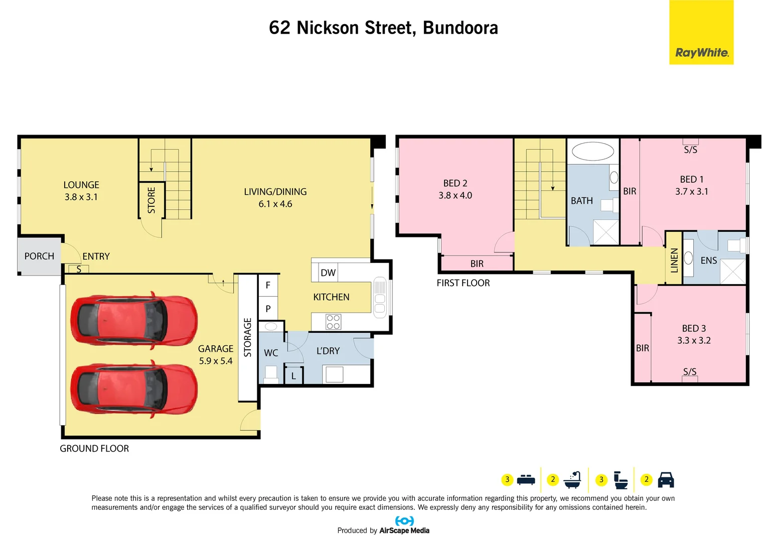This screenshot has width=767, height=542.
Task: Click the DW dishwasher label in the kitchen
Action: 328,273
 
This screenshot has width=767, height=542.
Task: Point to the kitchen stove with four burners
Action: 333,322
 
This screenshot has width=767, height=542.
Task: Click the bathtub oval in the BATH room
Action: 593,151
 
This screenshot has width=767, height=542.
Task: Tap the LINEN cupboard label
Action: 674,259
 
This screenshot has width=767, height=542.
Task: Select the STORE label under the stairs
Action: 151,200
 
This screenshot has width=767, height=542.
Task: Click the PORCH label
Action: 39,256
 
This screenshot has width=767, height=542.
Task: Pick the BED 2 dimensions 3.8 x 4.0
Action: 455,195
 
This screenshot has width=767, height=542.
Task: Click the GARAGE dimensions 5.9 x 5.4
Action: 216,361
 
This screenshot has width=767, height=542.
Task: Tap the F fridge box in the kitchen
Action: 268,285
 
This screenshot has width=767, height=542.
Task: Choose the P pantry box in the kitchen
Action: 268,309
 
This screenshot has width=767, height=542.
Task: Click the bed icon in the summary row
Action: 526,480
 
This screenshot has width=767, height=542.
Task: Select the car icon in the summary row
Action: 666,480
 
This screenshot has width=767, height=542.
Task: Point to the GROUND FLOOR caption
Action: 94,449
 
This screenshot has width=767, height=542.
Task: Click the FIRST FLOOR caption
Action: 463,283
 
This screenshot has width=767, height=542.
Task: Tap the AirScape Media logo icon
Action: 404,521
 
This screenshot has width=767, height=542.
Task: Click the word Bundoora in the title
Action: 460,28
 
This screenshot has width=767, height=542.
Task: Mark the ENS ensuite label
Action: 708,260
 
